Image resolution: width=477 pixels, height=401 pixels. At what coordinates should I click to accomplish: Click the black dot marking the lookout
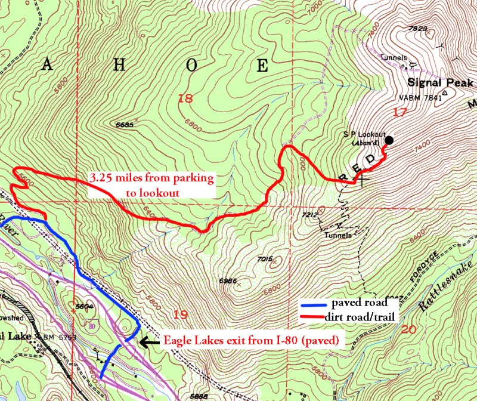(389, 140)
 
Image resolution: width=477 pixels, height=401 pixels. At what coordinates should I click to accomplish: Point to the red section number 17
(399, 112)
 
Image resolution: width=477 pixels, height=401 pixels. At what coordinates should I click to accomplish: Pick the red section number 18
(185, 98)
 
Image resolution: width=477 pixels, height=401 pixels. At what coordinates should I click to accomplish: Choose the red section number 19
(179, 314)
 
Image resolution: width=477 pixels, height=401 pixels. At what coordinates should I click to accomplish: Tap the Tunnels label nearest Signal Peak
(392, 58)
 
